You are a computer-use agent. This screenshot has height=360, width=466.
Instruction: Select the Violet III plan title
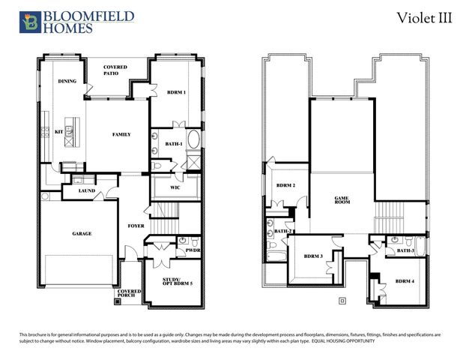[x=424, y=19]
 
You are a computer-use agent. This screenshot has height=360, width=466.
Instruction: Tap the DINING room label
[x=67, y=80]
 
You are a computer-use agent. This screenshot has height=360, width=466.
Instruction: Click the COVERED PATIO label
[x=115, y=70]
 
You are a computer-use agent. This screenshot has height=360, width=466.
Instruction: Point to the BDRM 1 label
[x=177, y=92]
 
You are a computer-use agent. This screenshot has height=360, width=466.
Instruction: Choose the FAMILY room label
[x=121, y=135]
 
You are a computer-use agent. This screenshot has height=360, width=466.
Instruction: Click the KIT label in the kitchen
[x=59, y=131]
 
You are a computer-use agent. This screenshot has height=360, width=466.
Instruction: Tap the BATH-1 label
[x=174, y=143]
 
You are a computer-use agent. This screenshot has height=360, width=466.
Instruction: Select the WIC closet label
[x=175, y=187]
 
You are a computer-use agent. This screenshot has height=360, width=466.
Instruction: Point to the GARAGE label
[x=82, y=234]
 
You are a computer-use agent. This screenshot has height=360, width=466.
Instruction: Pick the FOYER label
[x=136, y=224]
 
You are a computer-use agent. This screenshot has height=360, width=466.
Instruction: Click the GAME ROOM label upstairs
[x=342, y=200]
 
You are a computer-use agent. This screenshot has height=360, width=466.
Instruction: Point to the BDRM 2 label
[x=285, y=185]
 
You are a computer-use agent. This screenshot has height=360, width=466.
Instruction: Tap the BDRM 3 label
[x=313, y=256]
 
